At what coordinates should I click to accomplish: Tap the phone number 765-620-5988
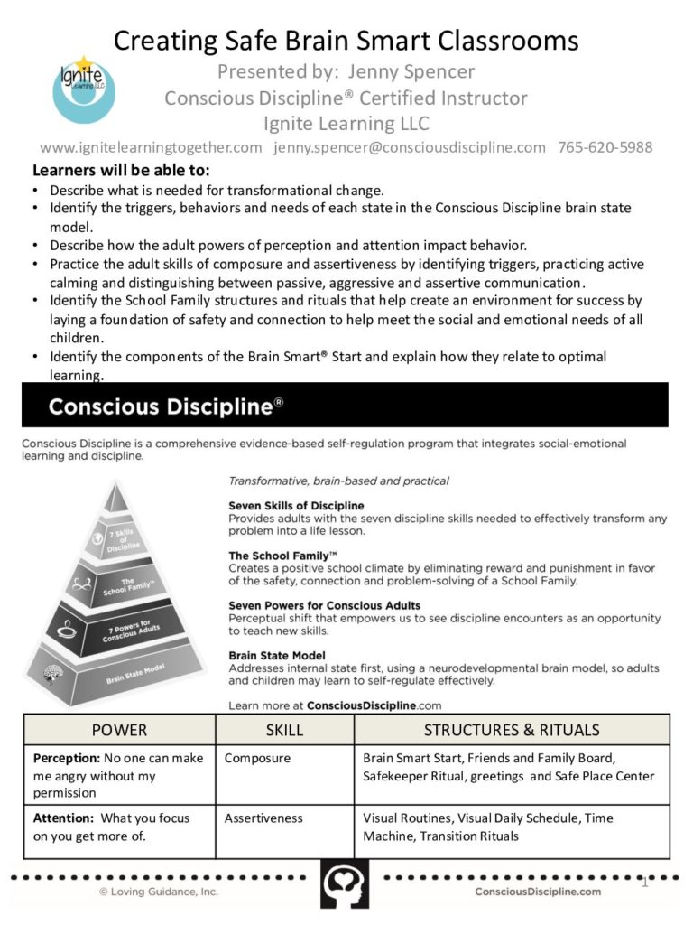coord(605,147)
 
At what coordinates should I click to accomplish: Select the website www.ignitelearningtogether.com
coord(152,147)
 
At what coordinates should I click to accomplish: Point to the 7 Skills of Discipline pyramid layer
coord(119,540)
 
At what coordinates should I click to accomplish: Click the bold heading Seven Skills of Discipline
coord(296,506)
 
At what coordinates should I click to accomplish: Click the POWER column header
coord(119,729)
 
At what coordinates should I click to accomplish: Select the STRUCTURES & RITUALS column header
coord(512,729)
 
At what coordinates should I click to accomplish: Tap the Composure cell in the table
coord(257,758)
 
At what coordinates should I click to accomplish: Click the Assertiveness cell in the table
coord(263,818)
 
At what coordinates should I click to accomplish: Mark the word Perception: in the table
coord(66,758)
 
